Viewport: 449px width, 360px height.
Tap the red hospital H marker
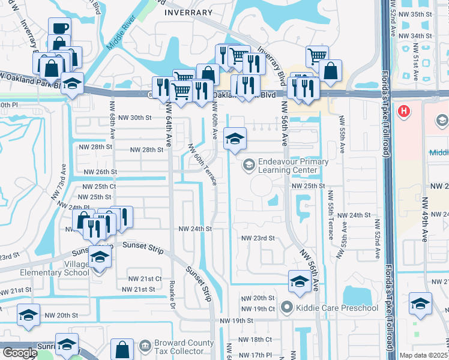point(405,112)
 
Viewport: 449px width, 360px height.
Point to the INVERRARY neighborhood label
point(189,13)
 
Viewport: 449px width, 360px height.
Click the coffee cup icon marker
point(60,28)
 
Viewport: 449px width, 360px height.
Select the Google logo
point(19,352)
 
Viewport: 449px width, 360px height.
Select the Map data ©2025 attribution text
point(424,355)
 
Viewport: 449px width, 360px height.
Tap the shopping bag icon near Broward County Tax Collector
point(122,350)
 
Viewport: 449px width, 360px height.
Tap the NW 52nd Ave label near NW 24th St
point(378,239)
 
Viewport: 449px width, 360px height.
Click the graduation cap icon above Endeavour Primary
point(235,139)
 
